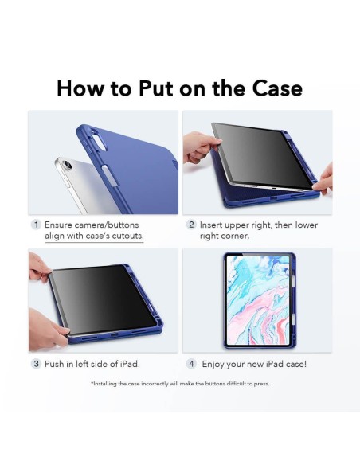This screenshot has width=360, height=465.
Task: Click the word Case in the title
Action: pos(277,88)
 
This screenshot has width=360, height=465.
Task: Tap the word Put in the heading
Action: pos(155,88)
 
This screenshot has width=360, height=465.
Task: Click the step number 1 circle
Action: pos(36,225)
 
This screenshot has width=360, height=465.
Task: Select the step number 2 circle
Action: pos(191,225)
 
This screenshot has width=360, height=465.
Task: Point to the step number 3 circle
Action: pos(36,364)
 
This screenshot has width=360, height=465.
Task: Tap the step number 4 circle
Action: pos(192,364)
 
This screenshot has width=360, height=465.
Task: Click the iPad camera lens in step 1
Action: pos(68,165)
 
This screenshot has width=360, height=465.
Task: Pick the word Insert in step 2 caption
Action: pos(211,225)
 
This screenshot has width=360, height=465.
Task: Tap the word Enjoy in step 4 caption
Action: pos(213,365)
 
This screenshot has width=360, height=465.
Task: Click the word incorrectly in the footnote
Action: pos(155,384)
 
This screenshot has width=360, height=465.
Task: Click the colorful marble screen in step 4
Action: pos(258,300)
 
